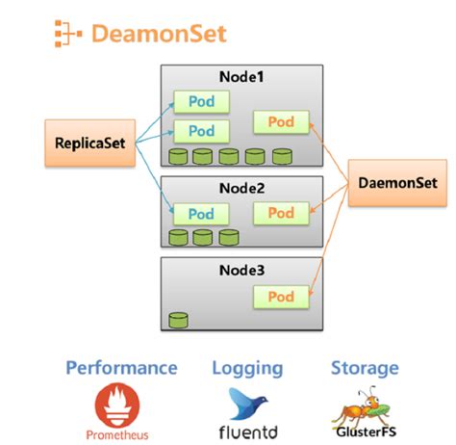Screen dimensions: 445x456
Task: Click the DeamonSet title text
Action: (x=160, y=35)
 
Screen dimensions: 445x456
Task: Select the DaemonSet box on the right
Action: (x=395, y=182)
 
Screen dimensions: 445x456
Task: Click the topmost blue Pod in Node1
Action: (x=201, y=103)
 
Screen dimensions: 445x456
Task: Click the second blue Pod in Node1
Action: (x=201, y=131)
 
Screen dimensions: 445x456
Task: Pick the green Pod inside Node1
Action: (x=281, y=121)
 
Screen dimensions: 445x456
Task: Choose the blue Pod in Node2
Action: (x=201, y=214)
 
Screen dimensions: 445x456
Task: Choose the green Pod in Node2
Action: (x=281, y=213)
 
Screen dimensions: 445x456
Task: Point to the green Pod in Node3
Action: (x=281, y=297)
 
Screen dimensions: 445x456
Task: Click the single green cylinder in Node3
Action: (x=178, y=319)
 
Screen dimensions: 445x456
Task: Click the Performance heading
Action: (x=121, y=368)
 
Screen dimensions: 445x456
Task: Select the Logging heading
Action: (x=247, y=368)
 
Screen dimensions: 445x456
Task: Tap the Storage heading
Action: (x=365, y=368)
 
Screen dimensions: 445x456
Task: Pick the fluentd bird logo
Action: (x=247, y=404)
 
